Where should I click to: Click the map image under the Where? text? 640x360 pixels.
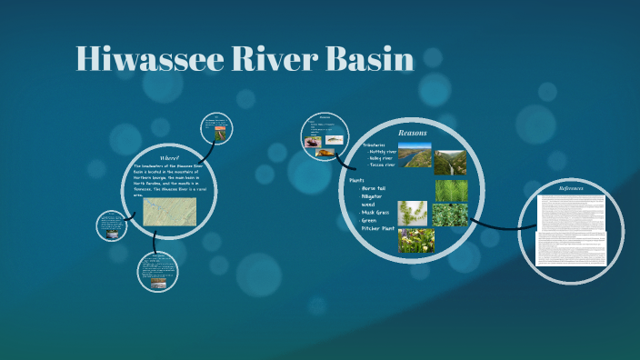click(x=170, y=213)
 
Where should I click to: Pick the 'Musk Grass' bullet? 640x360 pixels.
click(x=378, y=211)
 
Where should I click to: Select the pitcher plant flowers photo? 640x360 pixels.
click(x=415, y=240)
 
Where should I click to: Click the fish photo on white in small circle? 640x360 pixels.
click(x=334, y=140)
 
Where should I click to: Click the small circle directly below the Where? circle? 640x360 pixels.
click(x=156, y=272)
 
